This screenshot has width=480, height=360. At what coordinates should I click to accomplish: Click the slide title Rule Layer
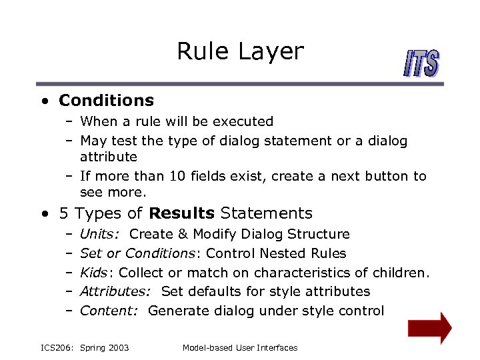(x=240, y=51)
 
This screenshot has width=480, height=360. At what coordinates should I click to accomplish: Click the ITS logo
(x=421, y=64)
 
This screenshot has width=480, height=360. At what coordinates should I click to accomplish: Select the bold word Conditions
(x=106, y=101)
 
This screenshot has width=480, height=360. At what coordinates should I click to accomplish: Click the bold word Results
(x=182, y=213)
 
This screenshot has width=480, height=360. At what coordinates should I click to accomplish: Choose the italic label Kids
(x=95, y=272)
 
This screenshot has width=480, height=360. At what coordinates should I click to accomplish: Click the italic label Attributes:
(x=110, y=291)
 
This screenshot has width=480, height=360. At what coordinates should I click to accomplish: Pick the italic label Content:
(x=105, y=311)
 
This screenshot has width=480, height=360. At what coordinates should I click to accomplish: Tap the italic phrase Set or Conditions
(x=137, y=253)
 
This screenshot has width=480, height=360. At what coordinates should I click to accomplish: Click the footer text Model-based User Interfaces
(x=239, y=347)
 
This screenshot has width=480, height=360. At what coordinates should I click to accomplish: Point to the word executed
(x=247, y=121)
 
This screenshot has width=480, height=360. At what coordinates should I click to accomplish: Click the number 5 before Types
(x=63, y=213)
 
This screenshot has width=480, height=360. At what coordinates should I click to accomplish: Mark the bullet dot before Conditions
(x=43, y=101)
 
